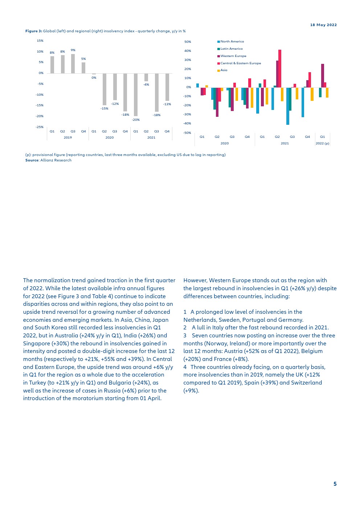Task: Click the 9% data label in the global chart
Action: click(73, 50)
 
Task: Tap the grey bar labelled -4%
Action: click(146, 77)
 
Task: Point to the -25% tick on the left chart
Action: click(40, 127)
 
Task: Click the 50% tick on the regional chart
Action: click(188, 42)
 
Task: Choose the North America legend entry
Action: click(232, 41)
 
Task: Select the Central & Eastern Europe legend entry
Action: click(240, 63)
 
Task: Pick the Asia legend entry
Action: click(224, 70)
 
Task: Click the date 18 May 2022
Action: click(323, 25)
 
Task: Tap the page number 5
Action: click(335, 484)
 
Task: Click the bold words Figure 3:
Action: click(33, 31)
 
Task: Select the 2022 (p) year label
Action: click(322, 143)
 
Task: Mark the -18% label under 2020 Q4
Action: click(125, 115)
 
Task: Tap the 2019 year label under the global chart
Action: click(67, 137)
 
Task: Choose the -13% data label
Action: click(167, 104)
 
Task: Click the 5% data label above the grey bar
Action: click(83, 59)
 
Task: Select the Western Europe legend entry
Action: click(233, 56)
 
